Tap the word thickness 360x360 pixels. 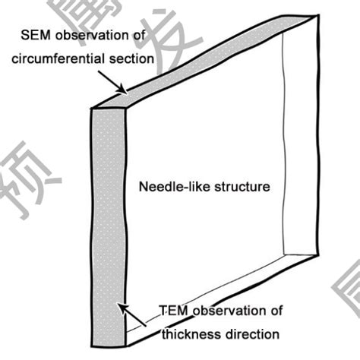point(191,333)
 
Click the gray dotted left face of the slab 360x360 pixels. point(106,213)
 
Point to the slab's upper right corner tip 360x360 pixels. point(314,25)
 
